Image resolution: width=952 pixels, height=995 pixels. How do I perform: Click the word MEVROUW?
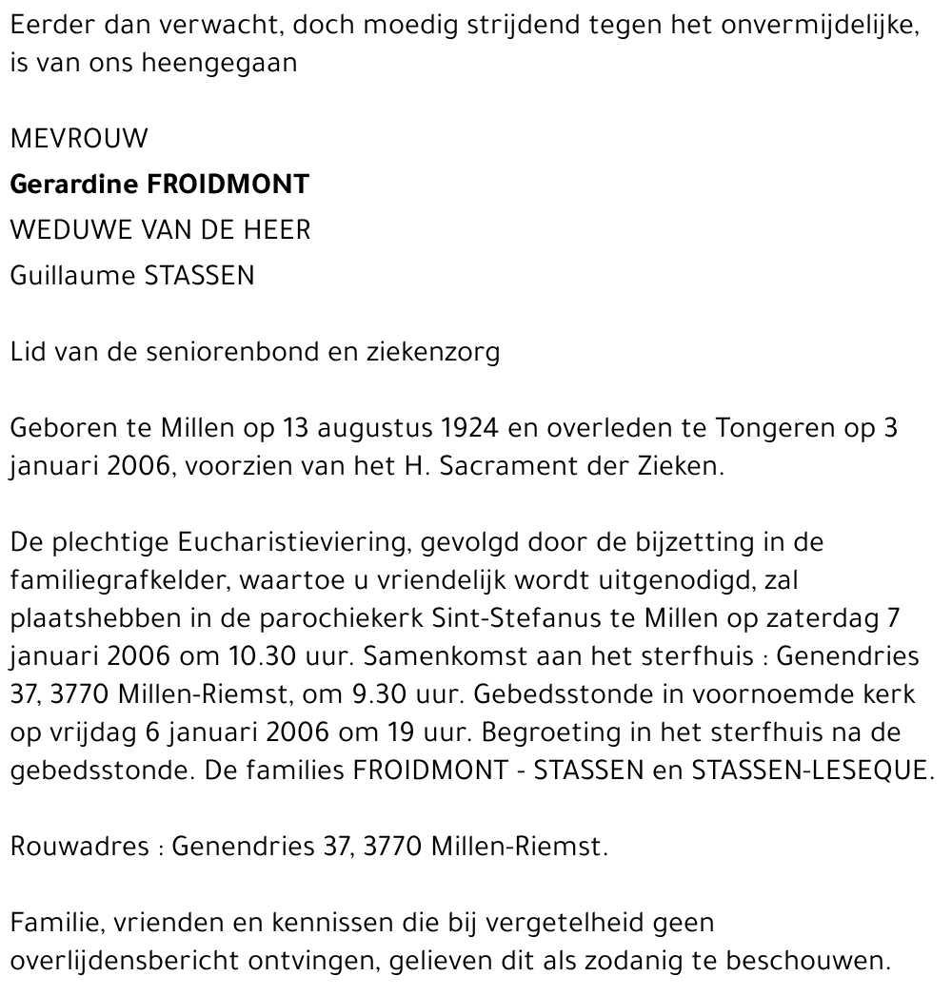point(79,139)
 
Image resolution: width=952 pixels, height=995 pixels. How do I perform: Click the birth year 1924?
point(470,428)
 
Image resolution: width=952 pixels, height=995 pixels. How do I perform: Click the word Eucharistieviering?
point(283,542)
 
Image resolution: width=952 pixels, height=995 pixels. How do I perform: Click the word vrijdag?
point(79,732)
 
